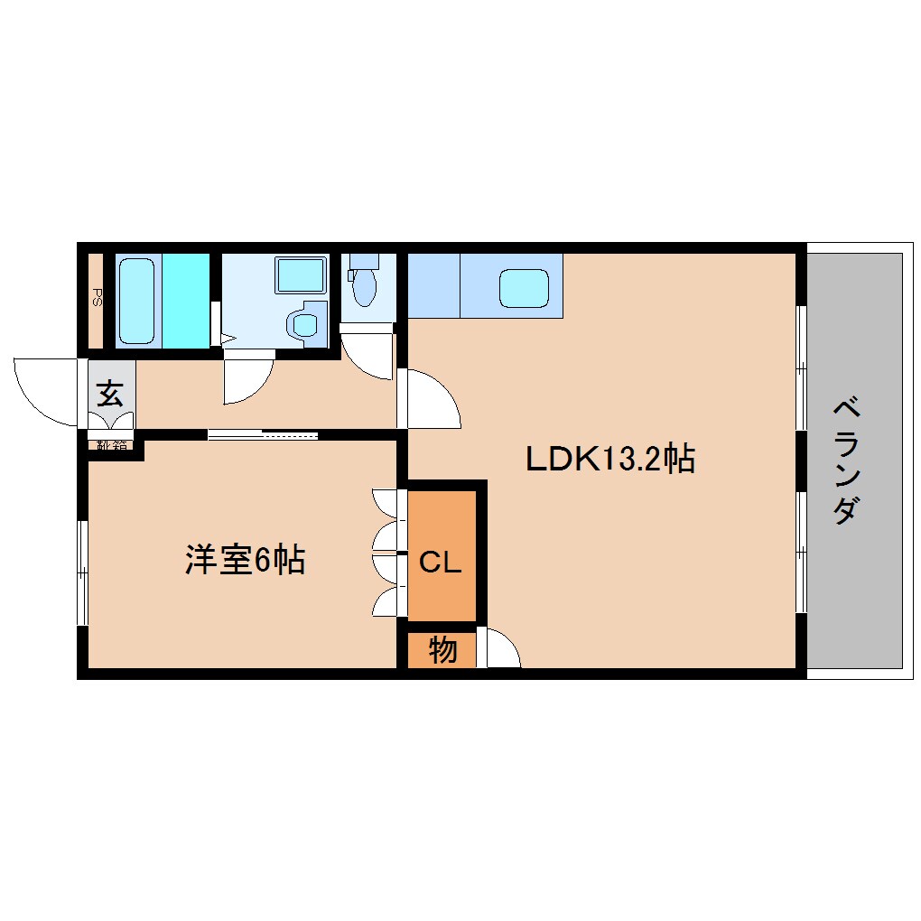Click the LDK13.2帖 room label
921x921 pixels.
[610, 460]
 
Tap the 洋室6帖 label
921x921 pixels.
[245, 560]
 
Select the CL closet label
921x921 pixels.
[441, 563]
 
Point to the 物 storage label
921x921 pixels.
[442, 649]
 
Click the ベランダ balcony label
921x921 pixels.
[846, 460]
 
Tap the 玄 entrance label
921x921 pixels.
[110, 394]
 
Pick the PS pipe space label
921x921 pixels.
[96, 297]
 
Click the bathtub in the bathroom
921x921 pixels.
[138, 300]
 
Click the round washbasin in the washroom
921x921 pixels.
[304, 323]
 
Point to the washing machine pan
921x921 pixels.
[301, 274]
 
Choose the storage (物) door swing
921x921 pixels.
[502, 650]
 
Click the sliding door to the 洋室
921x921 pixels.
[262, 435]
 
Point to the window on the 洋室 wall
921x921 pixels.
[82, 572]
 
